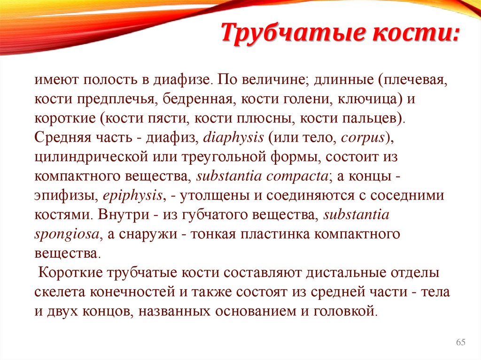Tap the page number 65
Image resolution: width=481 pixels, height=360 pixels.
pyautogui.click(x=460, y=343)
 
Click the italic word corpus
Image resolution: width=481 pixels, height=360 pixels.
pyautogui.click(x=363, y=137)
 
